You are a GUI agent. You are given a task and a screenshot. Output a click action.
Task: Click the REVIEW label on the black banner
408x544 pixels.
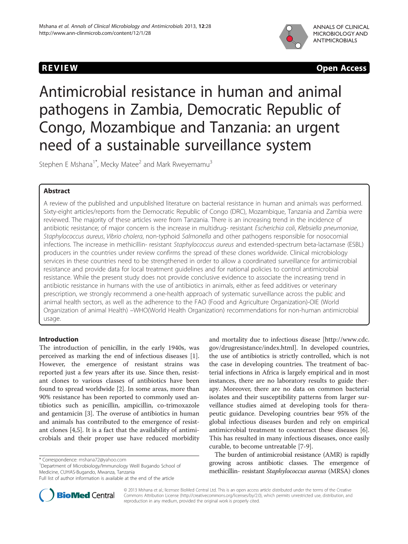pos(60,68)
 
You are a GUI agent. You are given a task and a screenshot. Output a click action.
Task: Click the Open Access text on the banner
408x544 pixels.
pos(341,68)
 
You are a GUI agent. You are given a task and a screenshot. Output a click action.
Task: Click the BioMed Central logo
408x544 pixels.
pos(77,495)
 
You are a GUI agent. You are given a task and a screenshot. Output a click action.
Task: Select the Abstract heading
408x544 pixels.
pos(57,191)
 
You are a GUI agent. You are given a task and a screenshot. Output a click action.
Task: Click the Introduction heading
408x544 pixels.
pos(59,339)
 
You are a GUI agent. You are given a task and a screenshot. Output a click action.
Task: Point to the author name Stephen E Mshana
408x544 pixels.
pos(66,165)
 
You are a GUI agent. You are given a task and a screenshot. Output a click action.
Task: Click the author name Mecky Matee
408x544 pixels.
pos(119,165)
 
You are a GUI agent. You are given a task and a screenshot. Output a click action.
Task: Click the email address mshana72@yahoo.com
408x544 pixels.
pos(102,460)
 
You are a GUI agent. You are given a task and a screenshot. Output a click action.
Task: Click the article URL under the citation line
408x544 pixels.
pos(95,33)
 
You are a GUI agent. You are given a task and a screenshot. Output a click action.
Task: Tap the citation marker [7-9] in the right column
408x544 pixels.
pos(306,446)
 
